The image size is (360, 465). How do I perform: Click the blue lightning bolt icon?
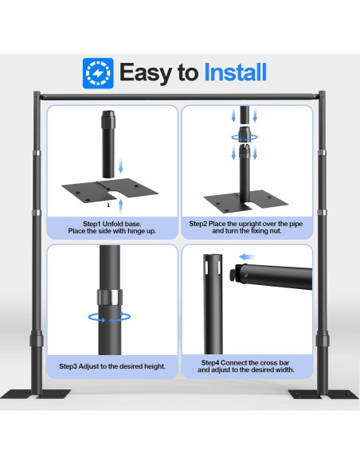[x=98, y=73]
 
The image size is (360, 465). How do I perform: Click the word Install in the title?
[x=235, y=72]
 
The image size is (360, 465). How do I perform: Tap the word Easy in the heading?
[x=146, y=74]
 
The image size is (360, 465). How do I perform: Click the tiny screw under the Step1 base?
[x=108, y=205]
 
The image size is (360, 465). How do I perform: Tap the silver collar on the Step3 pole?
[x=110, y=297]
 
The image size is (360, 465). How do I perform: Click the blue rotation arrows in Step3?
[x=109, y=318]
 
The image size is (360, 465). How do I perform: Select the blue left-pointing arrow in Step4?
[x=247, y=257]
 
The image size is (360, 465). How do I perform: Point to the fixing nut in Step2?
[x=245, y=134]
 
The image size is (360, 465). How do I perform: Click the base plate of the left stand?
[x=35, y=394]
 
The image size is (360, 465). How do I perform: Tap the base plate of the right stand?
[x=323, y=394]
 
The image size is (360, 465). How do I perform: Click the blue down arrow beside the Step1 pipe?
[x=121, y=166]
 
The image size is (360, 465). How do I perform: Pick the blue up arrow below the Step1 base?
[x=121, y=206]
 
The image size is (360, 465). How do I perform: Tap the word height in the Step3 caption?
[x=155, y=366]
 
